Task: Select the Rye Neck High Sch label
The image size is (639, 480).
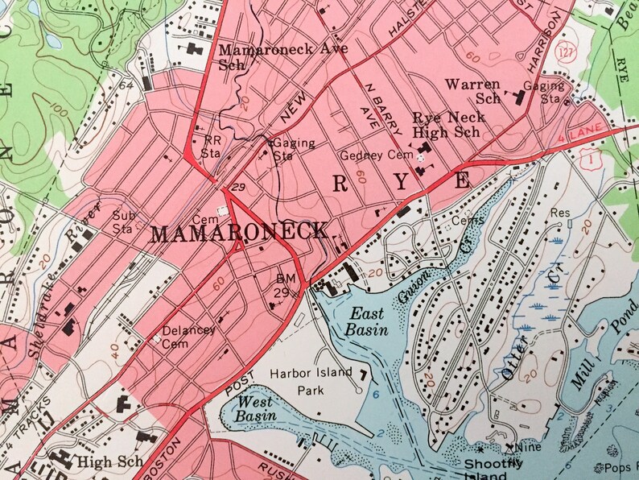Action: click(449, 124)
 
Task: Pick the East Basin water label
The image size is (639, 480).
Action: click(367, 321)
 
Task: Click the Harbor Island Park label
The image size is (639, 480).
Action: click(311, 381)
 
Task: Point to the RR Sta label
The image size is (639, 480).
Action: click(210, 144)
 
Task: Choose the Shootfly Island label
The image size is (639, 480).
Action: click(493, 469)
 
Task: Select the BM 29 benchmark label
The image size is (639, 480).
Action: click(287, 284)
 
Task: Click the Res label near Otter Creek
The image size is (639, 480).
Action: click(559, 213)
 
